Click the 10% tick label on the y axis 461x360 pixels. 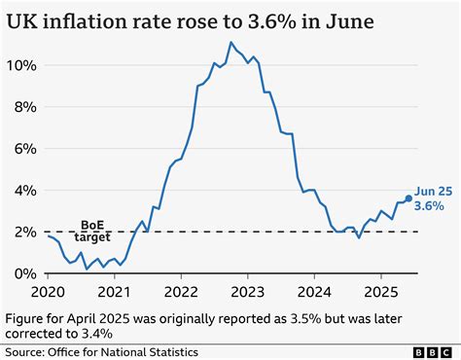(20, 65)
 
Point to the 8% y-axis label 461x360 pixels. (24, 107)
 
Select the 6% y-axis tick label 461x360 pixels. (24, 149)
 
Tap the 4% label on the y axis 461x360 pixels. (24, 191)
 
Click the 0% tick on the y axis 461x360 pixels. (24, 273)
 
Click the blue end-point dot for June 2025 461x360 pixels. (408, 198)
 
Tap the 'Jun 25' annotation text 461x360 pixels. (433, 192)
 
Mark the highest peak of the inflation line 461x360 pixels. (230, 43)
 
